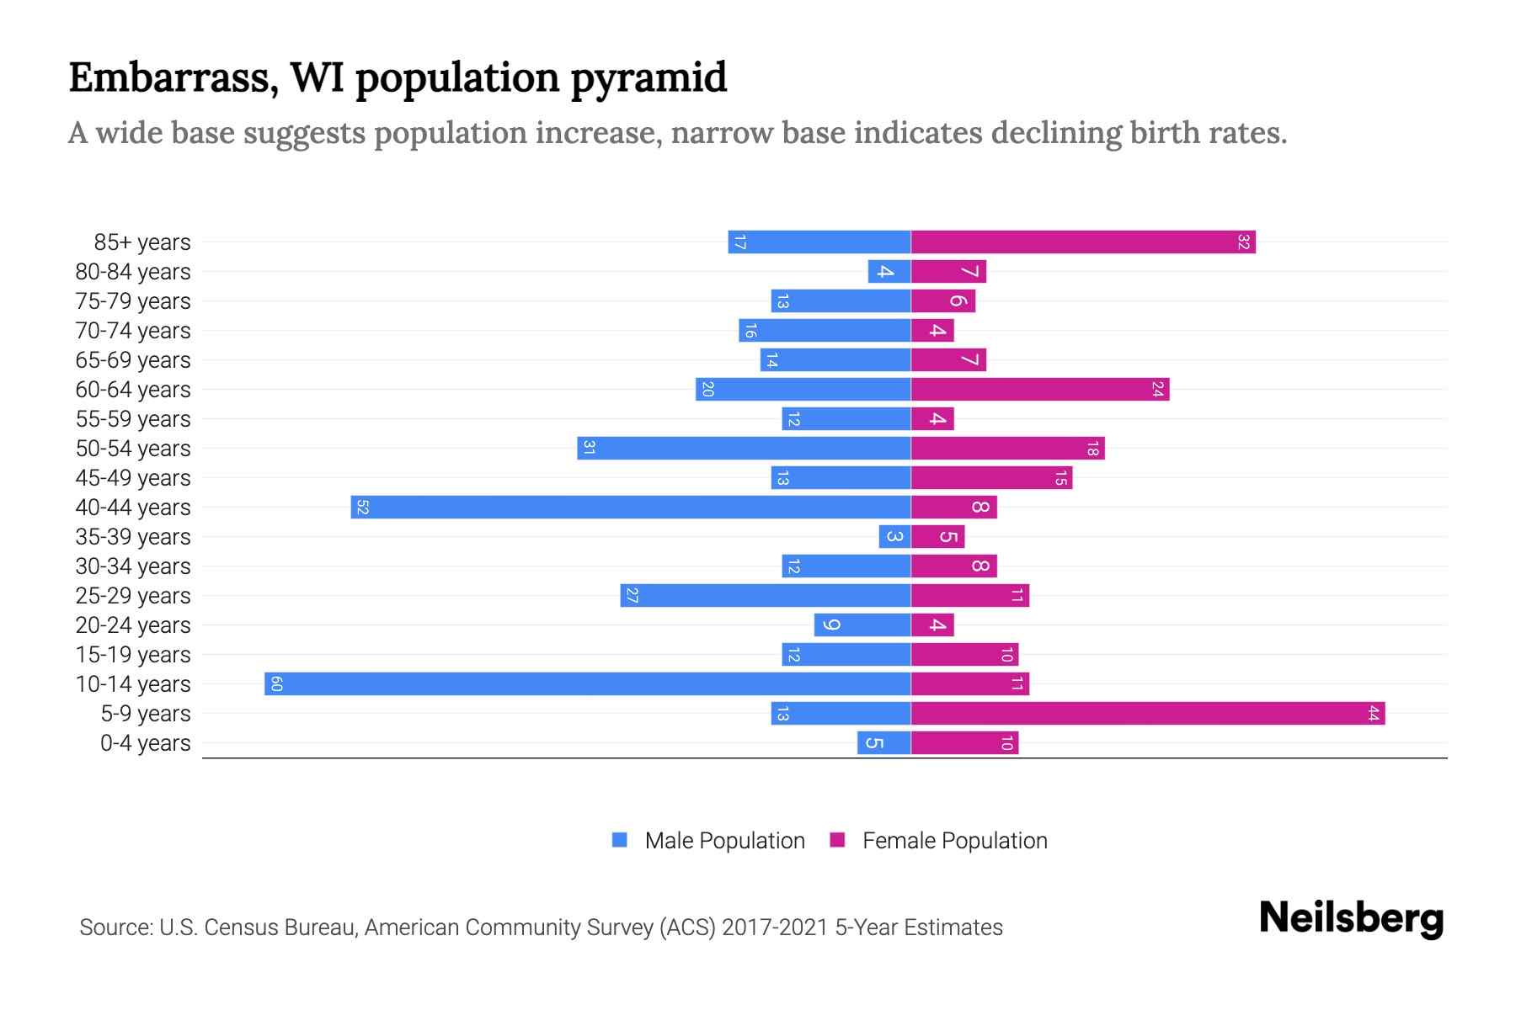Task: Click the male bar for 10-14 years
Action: pos(587,683)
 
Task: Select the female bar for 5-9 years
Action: pos(1147,713)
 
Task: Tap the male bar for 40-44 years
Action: pos(630,507)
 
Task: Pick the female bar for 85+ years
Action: pos(1082,242)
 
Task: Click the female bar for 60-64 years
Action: pos(1039,389)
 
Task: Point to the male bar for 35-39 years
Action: pos(894,536)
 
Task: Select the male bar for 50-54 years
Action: pos(744,448)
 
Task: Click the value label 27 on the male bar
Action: pos(632,596)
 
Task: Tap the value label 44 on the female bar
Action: pos(1373,714)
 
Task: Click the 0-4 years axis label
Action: pos(145,743)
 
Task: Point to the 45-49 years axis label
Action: pos(133,478)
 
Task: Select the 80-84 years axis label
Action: pos(133,272)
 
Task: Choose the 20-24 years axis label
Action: pos(133,625)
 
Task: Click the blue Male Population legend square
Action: pos(620,840)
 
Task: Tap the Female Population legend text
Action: pos(954,841)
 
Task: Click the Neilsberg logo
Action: pos(1351,918)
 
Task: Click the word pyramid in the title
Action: pos(649,78)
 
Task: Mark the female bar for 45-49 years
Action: pos(991,477)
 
